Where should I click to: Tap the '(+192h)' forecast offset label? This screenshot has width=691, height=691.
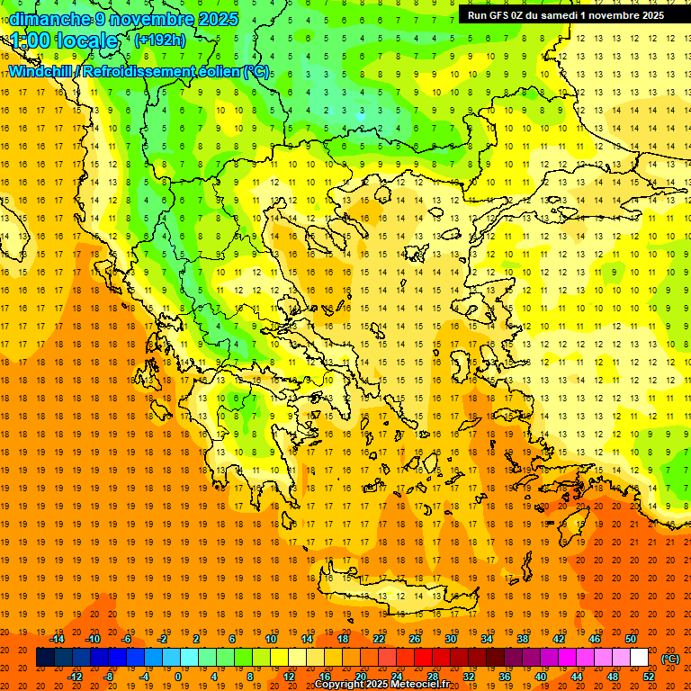pos(160,40)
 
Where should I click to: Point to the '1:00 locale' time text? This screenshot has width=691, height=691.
pos(64,40)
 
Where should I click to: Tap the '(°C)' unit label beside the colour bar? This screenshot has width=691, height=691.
pos(670,659)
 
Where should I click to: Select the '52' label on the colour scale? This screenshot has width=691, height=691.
pos(649,677)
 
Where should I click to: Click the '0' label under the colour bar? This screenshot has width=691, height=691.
pos(177,677)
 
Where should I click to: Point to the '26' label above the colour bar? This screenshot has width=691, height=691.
pos(415,639)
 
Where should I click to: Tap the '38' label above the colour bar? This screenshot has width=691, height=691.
pos(523,639)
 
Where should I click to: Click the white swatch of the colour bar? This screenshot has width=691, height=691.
pos(640,658)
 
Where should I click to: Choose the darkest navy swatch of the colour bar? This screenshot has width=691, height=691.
pos(45,658)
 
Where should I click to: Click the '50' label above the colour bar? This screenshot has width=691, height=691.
pos(631,639)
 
